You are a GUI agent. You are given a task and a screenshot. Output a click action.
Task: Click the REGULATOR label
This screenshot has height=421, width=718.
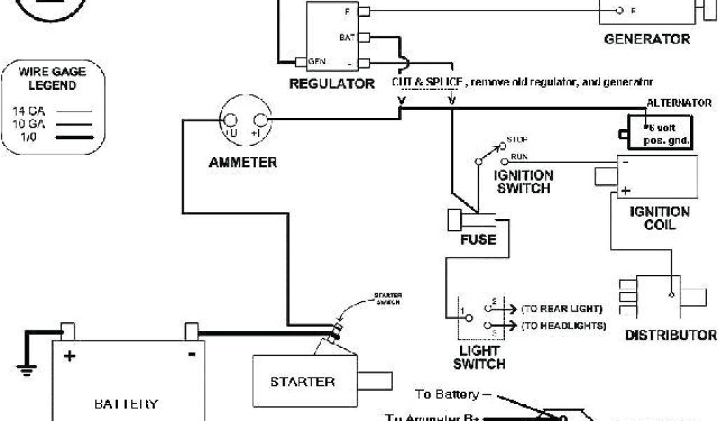point(332,84)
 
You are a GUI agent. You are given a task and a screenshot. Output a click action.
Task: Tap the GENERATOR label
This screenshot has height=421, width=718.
point(646,39)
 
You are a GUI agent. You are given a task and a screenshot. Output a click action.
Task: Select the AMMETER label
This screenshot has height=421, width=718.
point(243,163)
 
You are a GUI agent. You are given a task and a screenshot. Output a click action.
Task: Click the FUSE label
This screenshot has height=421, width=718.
point(477,240)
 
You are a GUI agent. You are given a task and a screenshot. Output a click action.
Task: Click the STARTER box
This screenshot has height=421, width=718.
point(303,381)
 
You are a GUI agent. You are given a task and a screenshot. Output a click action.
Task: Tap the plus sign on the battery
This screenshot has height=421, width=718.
point(69,356)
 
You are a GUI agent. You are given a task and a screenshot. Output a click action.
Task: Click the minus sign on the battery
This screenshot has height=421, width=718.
point(191,354)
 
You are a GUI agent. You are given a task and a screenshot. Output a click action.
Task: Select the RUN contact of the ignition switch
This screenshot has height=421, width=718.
point(505,161)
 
